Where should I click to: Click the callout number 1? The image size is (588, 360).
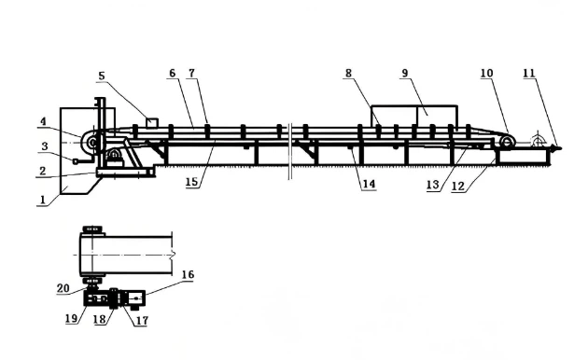(39, 200)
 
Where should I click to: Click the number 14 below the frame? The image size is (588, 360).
(369, 185)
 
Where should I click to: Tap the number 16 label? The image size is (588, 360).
(188, 276)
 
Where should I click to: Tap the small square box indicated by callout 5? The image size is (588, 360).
(151, 122)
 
